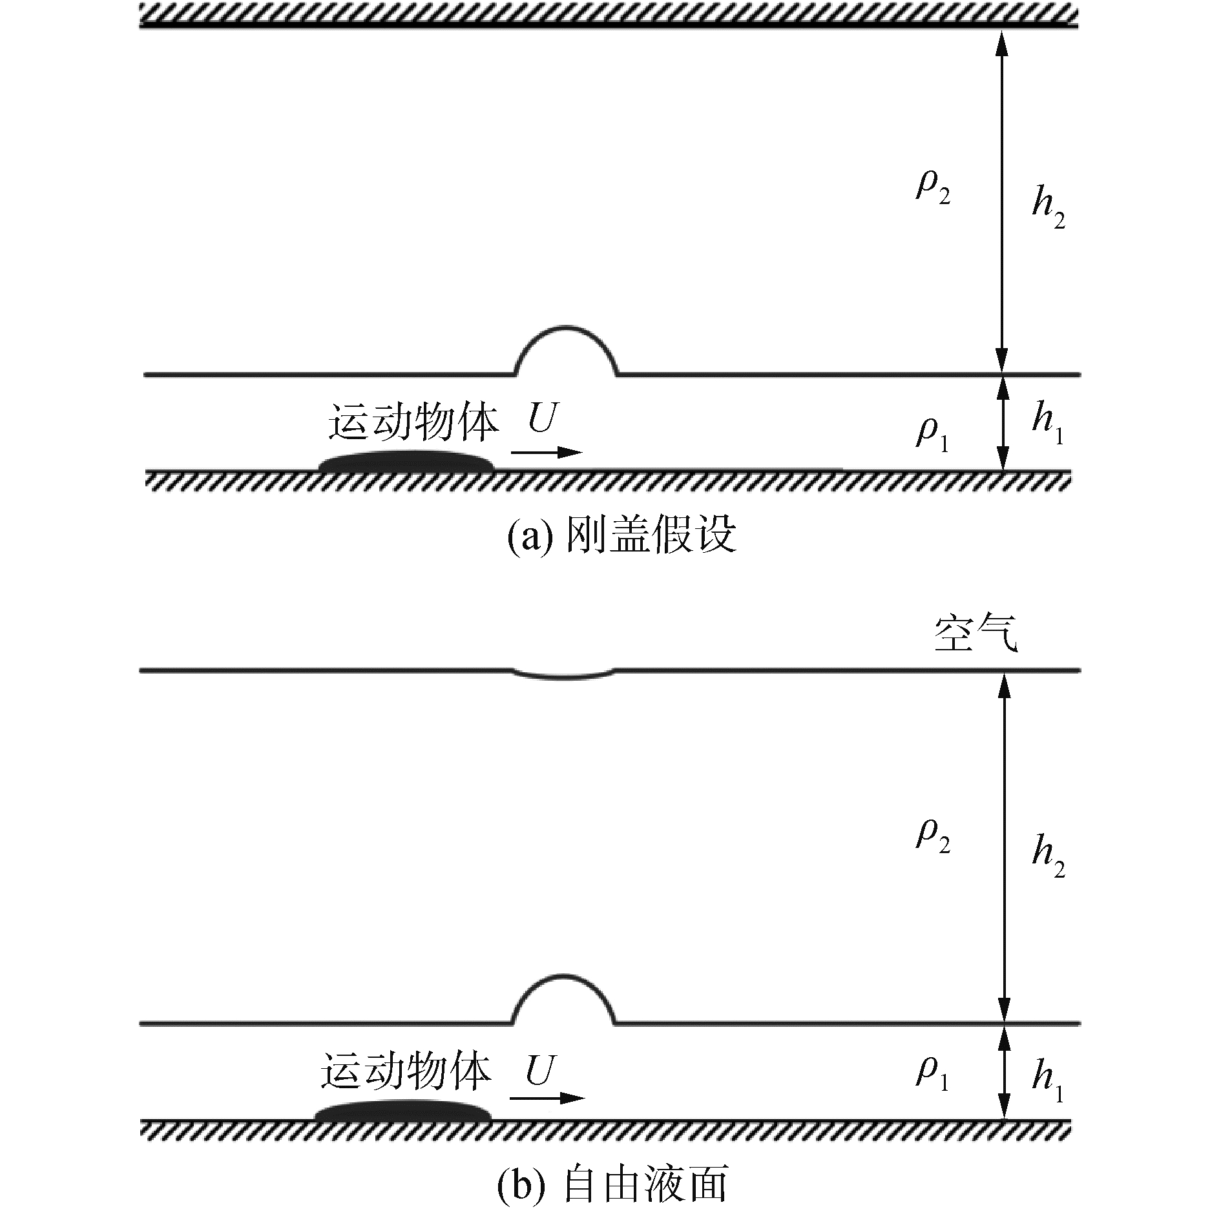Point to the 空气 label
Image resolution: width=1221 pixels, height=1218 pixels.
click(x=976, y=635)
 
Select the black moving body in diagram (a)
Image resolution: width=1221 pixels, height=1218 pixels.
click(x=407, y=461)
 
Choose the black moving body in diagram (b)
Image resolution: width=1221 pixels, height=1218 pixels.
click(x=402, y=1110)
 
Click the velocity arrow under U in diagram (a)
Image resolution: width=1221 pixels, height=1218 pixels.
click(x=547, y=452)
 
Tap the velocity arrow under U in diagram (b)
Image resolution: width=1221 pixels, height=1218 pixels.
click(x=547, y=1098)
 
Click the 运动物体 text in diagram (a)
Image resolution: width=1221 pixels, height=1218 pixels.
click(x=413, y=423)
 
